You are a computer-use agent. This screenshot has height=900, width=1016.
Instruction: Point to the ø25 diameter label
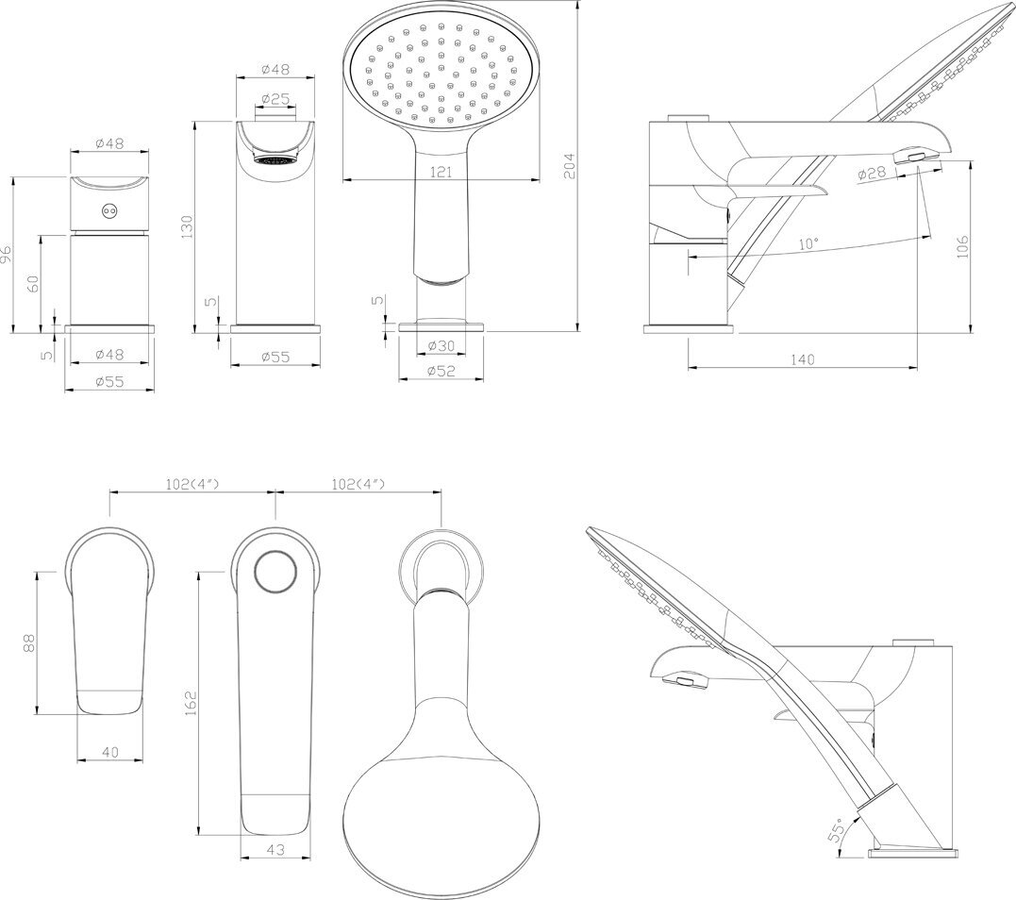[x=275, y=98]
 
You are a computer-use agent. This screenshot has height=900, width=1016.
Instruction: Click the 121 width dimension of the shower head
[x=441, y=172]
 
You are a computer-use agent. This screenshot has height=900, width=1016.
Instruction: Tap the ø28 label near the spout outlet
[x=874, y=174]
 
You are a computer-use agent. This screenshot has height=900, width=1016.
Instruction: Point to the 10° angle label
[x=808, y=243]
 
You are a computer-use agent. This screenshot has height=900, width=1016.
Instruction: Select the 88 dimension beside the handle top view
[x=29, y=642]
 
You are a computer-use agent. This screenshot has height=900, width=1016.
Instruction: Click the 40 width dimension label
[x=109, y=752]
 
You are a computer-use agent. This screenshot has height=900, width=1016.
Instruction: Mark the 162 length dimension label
[x=189, y=703]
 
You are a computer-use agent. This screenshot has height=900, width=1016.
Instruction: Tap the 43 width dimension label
[x=275, y=850]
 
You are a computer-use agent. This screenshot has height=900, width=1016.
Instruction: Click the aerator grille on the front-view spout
[x=275, y=160]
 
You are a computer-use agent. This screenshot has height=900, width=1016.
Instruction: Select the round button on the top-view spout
[x=275, y=572]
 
